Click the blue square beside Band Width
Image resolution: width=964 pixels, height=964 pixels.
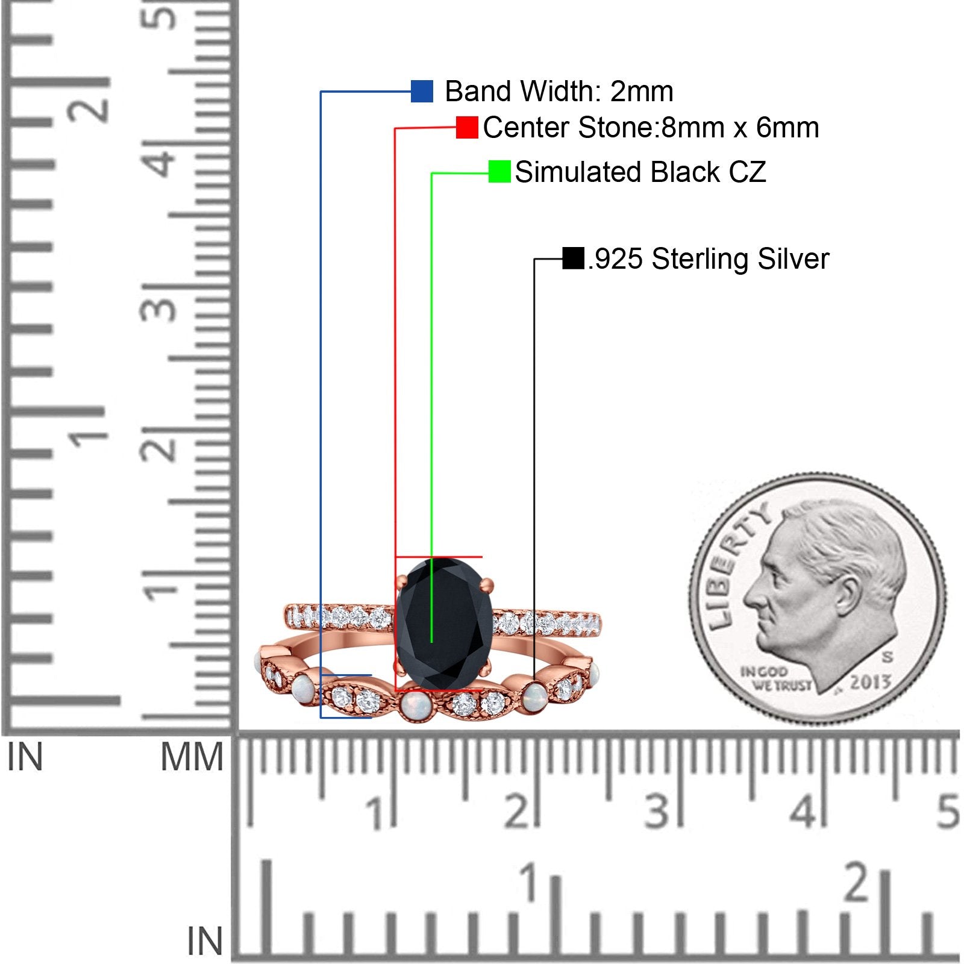(422, 92)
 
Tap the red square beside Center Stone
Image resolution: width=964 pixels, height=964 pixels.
(467, 128)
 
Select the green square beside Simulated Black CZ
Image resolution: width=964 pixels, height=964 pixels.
(499, 172)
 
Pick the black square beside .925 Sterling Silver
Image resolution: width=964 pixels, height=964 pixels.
(573, 258)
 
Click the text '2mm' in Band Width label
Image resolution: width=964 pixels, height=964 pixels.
(642, 92)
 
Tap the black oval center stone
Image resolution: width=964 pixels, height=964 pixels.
(443, 623)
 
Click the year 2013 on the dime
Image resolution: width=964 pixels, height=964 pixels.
(870, 683)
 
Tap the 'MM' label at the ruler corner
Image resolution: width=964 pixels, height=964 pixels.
(192, 757)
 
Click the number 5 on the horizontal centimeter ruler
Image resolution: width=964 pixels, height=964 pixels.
(948, 811)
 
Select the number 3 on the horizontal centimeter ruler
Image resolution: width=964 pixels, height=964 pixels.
(657, 811)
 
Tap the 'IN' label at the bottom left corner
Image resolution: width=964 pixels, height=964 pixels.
(205, 941)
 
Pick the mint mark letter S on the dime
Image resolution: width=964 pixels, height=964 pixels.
(887, 657)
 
